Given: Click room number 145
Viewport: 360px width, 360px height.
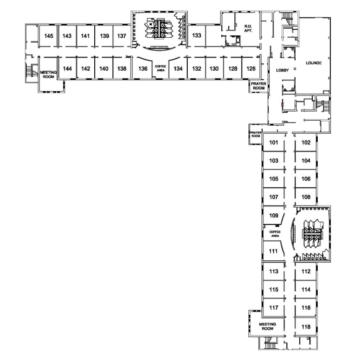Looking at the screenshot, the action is coord(49,36).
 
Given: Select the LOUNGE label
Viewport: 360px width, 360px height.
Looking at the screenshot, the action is coord(314,63).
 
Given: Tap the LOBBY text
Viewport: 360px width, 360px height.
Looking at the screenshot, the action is coord(283,70).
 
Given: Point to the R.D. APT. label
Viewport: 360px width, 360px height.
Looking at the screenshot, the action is coord(248,29).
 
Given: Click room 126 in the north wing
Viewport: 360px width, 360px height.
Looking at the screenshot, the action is coord(251,69).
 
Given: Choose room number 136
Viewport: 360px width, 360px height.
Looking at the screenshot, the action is coord(143,69).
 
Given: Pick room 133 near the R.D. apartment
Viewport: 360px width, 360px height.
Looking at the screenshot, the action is coord(196,35).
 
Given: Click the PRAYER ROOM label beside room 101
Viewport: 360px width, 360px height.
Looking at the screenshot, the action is coord(255,134).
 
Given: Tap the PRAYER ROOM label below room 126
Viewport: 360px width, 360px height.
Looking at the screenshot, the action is coord(259,86).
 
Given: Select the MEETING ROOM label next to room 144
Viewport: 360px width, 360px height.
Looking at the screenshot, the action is coord(48,74).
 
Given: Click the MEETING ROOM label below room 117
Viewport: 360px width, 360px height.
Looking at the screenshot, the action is coord(268,327).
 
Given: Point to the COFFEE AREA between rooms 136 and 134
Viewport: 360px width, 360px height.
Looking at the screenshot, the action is coord(160,68).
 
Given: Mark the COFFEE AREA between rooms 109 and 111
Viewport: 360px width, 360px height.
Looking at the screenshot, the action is coord(275,234).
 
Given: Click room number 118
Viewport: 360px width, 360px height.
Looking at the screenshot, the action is coord(306,327).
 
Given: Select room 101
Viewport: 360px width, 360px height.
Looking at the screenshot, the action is coord(273,143).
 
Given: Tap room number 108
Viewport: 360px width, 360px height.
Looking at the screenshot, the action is coord(306,197).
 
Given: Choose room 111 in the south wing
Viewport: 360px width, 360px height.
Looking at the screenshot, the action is coord(273,251).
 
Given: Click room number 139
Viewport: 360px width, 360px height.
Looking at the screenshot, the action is coord(105,36).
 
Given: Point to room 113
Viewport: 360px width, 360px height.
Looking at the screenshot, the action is coord(274,271).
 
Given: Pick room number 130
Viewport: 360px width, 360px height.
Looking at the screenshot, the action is coord(214,69).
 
